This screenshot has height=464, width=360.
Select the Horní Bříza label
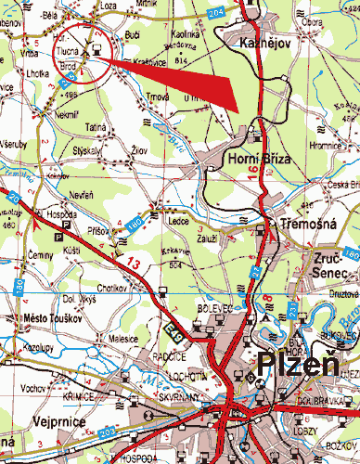pyautogui.click(x=253, y=160)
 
